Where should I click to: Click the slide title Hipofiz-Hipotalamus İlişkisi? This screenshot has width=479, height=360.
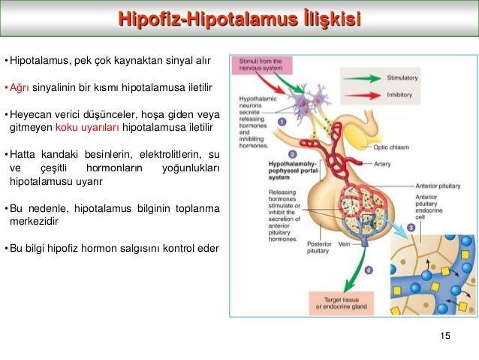click(x=239, y=17)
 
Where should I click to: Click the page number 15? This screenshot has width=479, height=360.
click(x=447, y=336)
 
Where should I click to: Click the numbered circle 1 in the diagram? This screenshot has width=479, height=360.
click(x=282, y=120)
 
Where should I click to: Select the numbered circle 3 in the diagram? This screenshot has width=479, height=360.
click(x=412, y=227)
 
